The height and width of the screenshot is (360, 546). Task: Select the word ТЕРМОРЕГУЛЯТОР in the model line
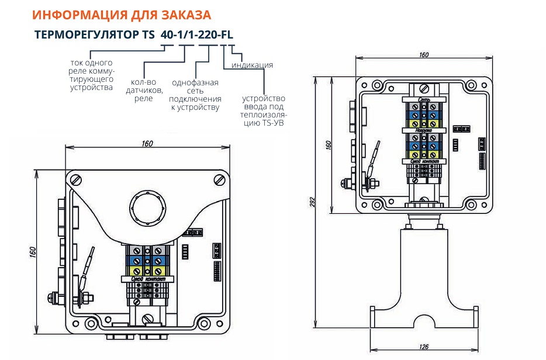[x=87, y=34]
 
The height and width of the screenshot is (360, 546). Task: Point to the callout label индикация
[x=252, y=65]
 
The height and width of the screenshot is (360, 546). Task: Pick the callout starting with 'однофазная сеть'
[x=195, y=95]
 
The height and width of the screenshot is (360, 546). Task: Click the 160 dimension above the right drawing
[x=424, y=54]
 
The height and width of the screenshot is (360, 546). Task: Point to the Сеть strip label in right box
[x=424, y=101]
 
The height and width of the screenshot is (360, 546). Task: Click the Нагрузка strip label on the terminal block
[x=424, y=131]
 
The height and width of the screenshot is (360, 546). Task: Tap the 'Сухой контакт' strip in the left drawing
[x=146, y=280]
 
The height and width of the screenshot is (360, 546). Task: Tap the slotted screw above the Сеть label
[x=424, y=90]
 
